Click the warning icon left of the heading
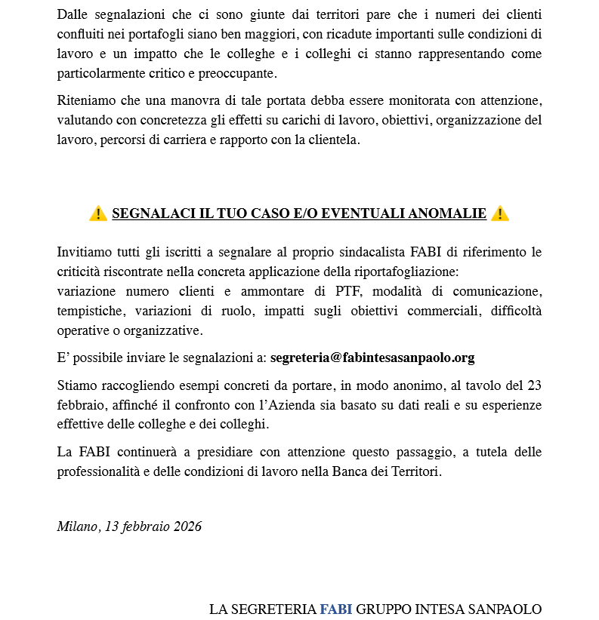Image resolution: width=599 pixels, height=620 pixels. click(97, 214)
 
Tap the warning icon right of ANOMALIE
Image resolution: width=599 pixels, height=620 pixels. click(500, 214)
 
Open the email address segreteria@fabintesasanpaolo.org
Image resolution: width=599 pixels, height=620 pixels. click(372, 358)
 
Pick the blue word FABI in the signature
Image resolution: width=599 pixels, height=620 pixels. click(335, 609)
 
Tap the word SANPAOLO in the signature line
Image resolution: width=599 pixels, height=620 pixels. click(507, 609)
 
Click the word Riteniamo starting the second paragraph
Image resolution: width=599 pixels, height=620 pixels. click(86, 100)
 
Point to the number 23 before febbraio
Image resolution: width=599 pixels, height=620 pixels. click(534, 385)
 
